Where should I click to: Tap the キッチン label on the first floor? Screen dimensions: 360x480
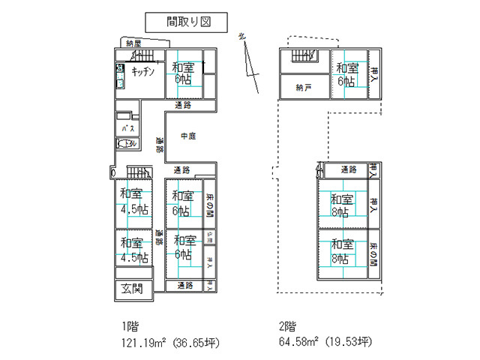click(x=142, y=71)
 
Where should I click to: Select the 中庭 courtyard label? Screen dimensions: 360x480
click(x=188, y=136)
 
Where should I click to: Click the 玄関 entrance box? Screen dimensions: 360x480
click(x=132, y=289)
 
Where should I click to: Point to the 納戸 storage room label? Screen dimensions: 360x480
click(x=304, y=88)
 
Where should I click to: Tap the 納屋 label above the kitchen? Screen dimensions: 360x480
click(x=134, y=43)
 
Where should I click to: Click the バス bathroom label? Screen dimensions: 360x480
click(x=127, y=127)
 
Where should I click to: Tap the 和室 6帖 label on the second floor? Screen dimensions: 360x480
click(x=346, y=75)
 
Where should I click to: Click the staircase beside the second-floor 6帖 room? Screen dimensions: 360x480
click(x=304, y=56)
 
